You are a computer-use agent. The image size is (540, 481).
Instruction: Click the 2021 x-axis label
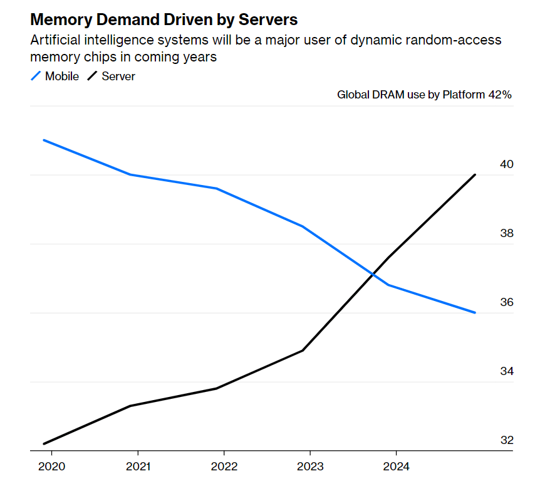137,467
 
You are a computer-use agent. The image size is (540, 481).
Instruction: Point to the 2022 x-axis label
224,467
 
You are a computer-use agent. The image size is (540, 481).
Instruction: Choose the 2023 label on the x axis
310,467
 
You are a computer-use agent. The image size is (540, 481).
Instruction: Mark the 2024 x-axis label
397,467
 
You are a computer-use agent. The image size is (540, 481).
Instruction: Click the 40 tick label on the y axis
507,164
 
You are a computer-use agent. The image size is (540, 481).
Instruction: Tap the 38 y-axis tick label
507,233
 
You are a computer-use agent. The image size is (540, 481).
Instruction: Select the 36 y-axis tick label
507,302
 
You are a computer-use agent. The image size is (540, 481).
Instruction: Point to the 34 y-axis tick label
507,371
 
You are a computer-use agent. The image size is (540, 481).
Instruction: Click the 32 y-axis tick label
507,440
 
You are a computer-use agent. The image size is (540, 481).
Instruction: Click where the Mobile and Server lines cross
373,274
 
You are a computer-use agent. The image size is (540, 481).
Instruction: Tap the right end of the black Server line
475,174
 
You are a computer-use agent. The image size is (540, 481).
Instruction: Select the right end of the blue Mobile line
475,312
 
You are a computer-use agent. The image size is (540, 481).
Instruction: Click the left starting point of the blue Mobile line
43,140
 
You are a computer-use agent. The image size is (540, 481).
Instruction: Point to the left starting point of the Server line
43,444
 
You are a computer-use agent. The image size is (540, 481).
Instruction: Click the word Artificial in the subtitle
54,41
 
